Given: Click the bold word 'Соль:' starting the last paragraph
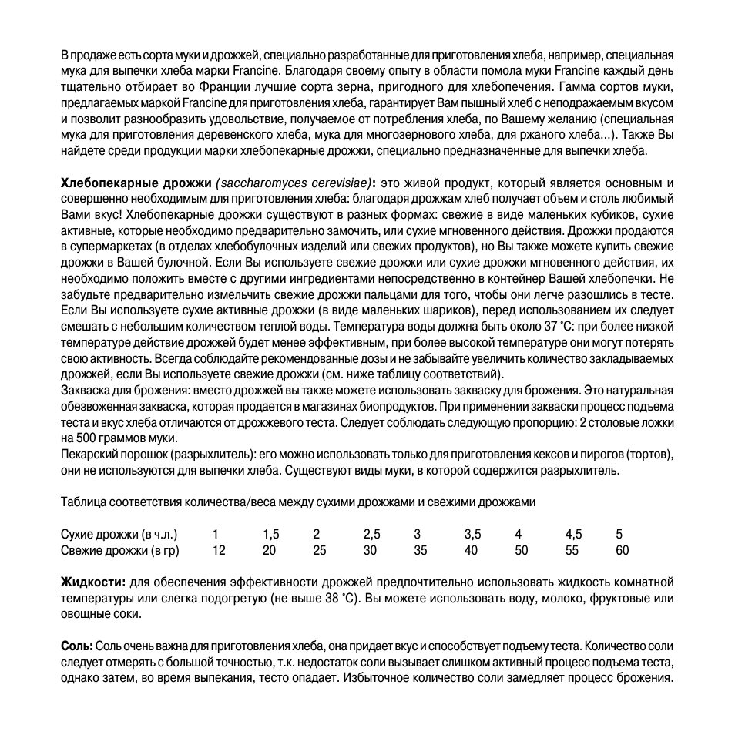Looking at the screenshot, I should (76, 646).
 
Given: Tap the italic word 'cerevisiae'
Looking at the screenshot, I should (335, 183).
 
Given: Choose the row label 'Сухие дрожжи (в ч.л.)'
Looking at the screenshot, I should (119, 534).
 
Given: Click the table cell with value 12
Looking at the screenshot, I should (219, 550).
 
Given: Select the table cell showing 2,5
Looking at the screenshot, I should (371, 534).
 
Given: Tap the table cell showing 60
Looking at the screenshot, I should (622, 550).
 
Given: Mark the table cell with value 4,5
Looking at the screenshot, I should (573, 534).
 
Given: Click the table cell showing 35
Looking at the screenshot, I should (420, 550).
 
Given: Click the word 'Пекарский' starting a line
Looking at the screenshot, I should (87, 455).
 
